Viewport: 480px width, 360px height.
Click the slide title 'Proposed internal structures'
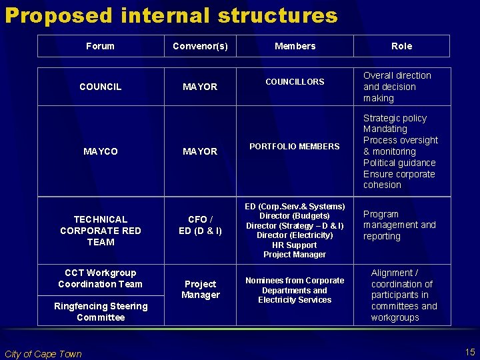pos(171,15)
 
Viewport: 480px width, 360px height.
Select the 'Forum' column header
pos(100,46)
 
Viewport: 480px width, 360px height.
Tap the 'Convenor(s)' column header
pos(200,46)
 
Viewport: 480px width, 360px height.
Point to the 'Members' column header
pos(295,46)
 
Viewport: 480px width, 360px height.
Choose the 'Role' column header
pos(401,46)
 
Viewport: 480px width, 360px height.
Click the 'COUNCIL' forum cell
pos(100,87)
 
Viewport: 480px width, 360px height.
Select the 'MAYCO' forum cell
pos(100,151)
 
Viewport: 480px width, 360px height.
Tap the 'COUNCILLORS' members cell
pos(295,82)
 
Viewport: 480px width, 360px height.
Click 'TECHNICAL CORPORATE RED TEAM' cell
pos(100,230)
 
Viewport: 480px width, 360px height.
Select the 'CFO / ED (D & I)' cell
pos(200,225)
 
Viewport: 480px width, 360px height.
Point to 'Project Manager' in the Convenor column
pos(200,289)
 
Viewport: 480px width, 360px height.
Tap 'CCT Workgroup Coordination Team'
pos(100,278)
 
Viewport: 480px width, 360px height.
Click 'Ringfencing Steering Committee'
pos(100,311)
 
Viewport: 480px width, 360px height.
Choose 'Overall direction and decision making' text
pos(397,87)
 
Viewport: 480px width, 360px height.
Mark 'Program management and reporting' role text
pos(399,225)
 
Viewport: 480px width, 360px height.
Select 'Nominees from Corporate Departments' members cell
pos(295,290)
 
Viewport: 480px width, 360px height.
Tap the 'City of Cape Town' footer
pos(43,354)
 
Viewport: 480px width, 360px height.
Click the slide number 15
pos(469,351)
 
